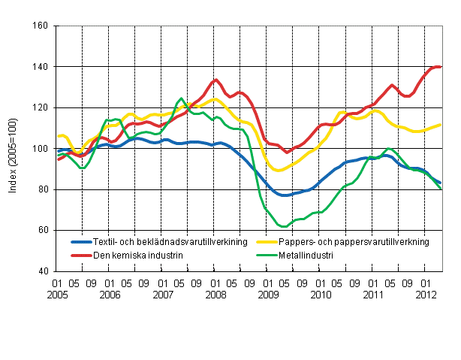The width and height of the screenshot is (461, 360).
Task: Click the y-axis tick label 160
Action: point(41,26)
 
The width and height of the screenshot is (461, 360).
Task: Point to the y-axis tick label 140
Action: point(41,67)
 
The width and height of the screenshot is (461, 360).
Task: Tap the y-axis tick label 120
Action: point(41,107)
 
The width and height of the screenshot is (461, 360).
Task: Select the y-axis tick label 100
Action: point(41,149)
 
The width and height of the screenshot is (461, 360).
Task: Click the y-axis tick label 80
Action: point(43,189)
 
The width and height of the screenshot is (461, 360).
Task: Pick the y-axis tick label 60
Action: point(43,230)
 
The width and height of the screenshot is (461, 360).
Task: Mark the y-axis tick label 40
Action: point(43,271)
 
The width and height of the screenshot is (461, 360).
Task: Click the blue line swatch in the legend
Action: point(85,242)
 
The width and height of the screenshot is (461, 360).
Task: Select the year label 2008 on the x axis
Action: point(216,296)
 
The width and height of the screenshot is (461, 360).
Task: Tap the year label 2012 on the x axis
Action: point(427,296)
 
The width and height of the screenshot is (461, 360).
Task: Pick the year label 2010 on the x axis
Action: point(321,296)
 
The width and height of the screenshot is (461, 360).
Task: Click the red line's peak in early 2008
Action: point(215,80)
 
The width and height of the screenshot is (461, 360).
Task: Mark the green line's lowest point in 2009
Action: point(282,226)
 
